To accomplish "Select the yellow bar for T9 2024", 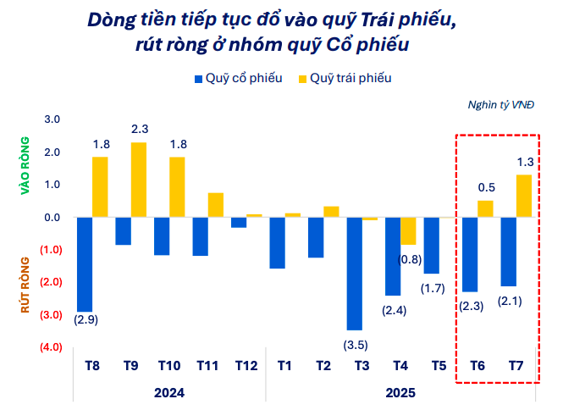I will pos(139,180).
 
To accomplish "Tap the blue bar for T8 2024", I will pos(85,264).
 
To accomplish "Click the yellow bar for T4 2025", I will pos(409,231).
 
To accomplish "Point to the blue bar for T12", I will pos(239,223).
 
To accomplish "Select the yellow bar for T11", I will pos(216,205).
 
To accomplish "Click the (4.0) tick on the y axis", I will pos(49,347).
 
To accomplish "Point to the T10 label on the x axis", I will pos(169,366).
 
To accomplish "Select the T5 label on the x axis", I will pos(439,366).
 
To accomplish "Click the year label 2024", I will pos(169,393).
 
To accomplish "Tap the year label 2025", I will pos(400,393).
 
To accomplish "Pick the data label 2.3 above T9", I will pos(140,129).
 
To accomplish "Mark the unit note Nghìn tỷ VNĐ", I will pos(501,105).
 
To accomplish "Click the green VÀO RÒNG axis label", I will pos(25,167).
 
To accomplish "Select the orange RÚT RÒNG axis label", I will pos(25,285).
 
